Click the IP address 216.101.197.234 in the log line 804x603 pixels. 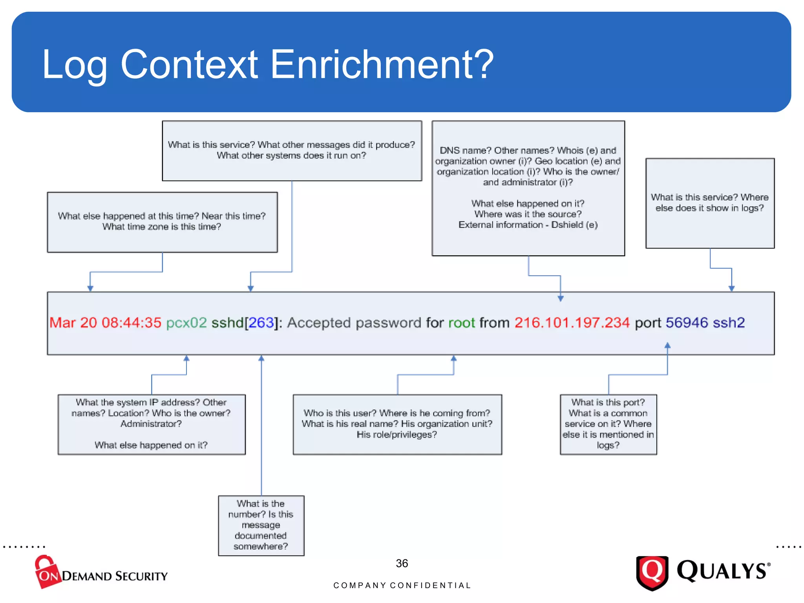tap(572, 323)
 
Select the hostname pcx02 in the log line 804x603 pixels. tap(186, 323)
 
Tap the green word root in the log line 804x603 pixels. tap(461, 323)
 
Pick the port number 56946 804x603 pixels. tap(687, 323)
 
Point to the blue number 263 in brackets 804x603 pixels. tap(261, 323)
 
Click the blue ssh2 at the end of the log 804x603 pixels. tap(729, 323)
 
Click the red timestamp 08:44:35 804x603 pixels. tap(131, 323)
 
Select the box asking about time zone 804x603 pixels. tap(162, 222)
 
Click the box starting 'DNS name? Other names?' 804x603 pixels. tap(528, 188)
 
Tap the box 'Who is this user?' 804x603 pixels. tap(397, 424)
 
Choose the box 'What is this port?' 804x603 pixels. tap(608, 424)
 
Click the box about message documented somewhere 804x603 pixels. tap(261, 525)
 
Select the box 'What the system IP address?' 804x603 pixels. tap(152, 424)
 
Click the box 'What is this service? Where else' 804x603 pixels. tap(710, 203)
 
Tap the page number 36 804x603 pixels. tap(402, 563)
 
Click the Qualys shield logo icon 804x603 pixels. tap(652, 572)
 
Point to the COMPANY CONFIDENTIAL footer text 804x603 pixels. tap(402, 585)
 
